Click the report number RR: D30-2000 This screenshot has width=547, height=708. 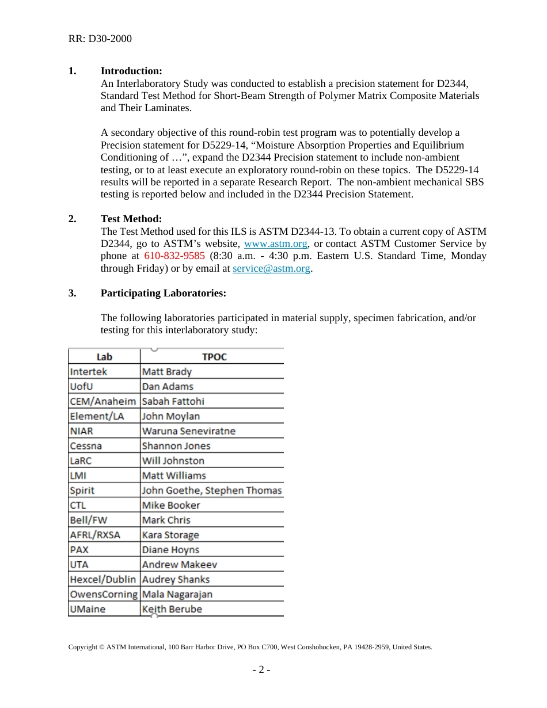tap(100, 39)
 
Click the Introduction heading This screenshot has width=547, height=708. tap(131, 71)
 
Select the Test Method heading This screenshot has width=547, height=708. tap(131, 219)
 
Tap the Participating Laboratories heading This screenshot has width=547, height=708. tap(163, 293)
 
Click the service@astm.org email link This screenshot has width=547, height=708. tap(271, 268)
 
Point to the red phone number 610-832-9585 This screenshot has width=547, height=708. tap(174, 256)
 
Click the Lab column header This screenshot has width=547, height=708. tap(104, 357)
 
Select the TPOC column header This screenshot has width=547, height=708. tap(214, 357)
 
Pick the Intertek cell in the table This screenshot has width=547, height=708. tap(88, 372)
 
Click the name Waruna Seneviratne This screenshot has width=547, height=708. tap(188, 431)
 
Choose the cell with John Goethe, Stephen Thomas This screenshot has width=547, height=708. tap(211, 490)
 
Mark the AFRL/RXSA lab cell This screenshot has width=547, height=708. tap(95, 535)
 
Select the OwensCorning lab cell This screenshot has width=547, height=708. tap(103, 595)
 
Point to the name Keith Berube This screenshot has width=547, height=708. tap(172, 609)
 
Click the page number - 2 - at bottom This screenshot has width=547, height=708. tap(261, 669)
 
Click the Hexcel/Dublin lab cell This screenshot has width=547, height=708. tap(102, 580)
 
